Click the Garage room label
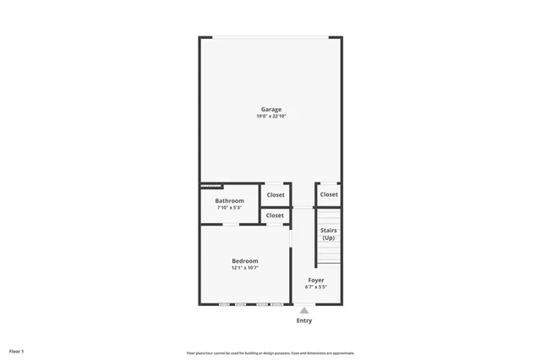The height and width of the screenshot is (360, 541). click(270, 109)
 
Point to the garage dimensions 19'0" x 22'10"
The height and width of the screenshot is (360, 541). click(270, 116)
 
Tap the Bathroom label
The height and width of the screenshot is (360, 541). click(229, 200)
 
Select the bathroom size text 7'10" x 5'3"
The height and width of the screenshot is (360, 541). click(229, 207)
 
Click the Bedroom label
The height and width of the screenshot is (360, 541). click(245, 261)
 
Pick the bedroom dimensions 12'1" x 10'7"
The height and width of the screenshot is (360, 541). click(245, 268)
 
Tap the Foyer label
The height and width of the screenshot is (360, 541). click(316, 280)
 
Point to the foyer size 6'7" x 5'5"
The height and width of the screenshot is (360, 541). click(316, 286)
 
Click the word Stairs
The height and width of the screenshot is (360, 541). click(329, 230)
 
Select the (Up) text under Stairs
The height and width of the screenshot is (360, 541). click(329, 237)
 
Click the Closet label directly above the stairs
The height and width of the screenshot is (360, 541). click(329, 194)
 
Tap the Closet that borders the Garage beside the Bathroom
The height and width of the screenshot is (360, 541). click(276, 194)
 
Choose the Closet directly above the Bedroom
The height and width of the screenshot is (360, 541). click(275, 215)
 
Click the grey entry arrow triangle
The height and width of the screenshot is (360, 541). click(304, 310)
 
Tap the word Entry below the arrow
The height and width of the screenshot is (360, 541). click(304, 320)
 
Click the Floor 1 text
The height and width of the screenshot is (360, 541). click(17, 351)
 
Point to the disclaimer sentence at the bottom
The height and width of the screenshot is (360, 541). click(270, 353)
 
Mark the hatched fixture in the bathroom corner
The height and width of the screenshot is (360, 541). click(211, 185)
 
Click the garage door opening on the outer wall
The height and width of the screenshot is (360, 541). click(270, 37)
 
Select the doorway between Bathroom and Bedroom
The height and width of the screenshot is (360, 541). click(229, 224)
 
